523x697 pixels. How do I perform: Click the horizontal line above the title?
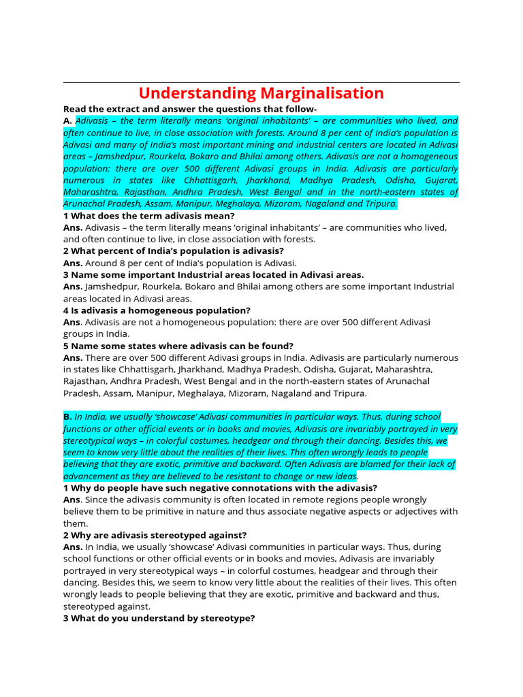(261, 83)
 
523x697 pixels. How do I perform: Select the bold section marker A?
(67, 121)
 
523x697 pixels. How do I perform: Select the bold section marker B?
(67, 417)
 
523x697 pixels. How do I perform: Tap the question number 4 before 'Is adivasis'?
(66, 310)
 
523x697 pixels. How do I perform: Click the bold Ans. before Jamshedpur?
(73, 287)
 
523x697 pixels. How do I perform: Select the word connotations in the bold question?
(270, 487)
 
